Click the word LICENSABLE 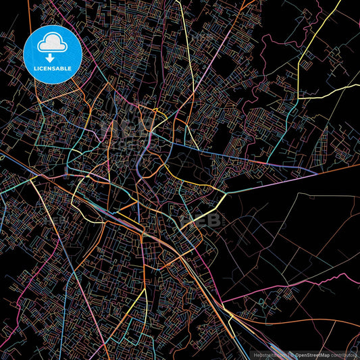click(x=53, y=69)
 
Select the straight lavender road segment click(x=270, y=182)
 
